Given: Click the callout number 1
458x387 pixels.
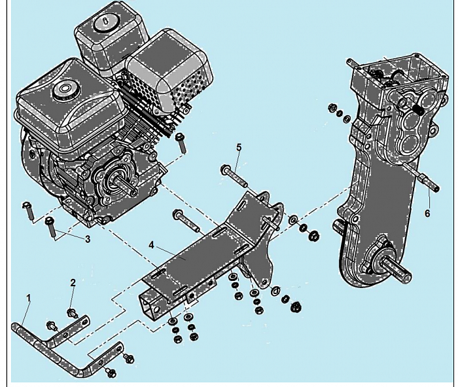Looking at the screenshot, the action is [x=28, y=298].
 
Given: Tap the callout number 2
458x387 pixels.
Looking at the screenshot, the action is [x=73, y=282].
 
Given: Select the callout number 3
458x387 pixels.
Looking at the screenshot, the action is [x=88, y=239].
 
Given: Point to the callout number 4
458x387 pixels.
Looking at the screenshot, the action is [x=151, y=245].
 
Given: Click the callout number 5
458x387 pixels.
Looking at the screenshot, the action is [x=239, y=147].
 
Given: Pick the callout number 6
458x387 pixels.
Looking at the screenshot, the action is [x=427, y=213].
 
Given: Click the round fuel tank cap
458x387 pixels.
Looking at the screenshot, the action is [x=63, y=88].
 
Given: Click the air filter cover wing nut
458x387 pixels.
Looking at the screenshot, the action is [x=105, y=23].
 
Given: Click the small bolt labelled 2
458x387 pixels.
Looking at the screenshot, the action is [x=71, y=313].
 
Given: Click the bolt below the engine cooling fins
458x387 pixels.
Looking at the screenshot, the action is [x=181, y=143].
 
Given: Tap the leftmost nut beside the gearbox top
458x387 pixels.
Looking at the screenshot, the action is [x=332, y=107].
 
